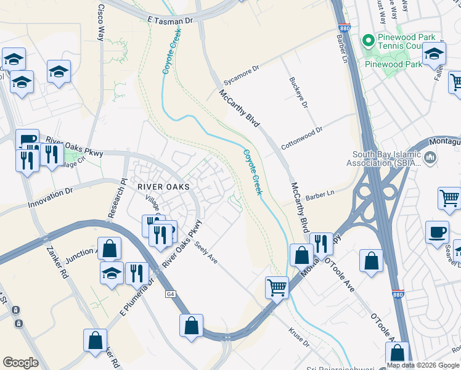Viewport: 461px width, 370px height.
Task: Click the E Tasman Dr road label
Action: [171, 20]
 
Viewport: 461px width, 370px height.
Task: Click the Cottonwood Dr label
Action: [301, 139]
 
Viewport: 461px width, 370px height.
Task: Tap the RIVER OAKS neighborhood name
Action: [163, 186]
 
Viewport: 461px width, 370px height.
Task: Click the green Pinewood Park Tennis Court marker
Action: [369, 41]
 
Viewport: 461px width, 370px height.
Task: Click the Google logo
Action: [20, 363]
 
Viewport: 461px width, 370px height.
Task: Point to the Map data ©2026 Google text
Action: [422, 365]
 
